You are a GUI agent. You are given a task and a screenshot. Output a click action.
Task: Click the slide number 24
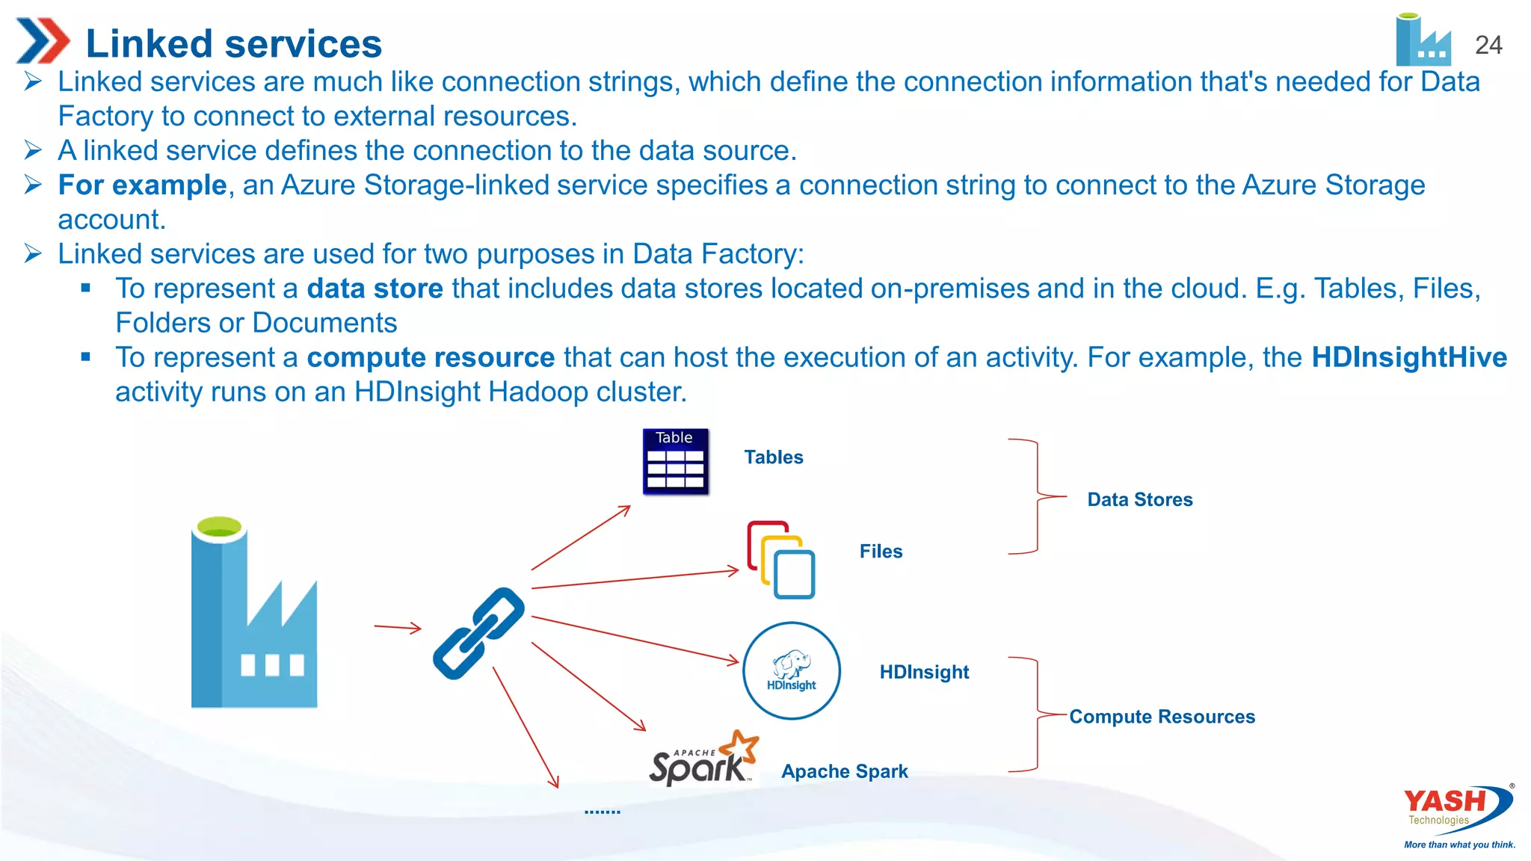click(1488, 46)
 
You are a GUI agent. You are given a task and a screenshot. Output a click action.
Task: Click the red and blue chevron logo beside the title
click(43, 41)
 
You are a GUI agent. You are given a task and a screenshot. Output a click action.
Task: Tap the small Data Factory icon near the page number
click(1423, 41)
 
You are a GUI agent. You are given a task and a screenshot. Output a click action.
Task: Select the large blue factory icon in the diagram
click(253, 613)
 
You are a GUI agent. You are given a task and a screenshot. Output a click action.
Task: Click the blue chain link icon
click(478, 633)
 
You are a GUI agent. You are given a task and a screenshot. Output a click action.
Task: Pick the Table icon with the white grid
click(675, 461)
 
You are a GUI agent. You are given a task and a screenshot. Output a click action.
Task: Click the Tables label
click(773, 457)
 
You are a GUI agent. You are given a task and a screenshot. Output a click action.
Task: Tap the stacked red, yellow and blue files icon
click(780, 560)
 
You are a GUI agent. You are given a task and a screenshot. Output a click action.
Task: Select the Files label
click(881, 552)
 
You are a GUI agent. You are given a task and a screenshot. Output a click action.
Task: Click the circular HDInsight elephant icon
click(791, 670)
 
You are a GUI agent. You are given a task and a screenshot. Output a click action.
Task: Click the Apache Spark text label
click(844, 771)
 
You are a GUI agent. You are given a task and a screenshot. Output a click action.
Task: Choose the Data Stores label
click(1139, 499)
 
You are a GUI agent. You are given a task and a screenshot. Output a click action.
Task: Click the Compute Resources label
click(1162, 717)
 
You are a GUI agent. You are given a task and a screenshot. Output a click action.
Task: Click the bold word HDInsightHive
click(1408, 357)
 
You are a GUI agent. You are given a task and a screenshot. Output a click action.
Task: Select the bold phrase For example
click(142, 185)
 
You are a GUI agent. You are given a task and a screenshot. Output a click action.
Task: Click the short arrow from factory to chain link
click(398, 628)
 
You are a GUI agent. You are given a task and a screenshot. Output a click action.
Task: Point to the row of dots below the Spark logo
click(602, 812)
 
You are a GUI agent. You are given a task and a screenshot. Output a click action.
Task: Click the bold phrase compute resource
click(431, 357)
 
